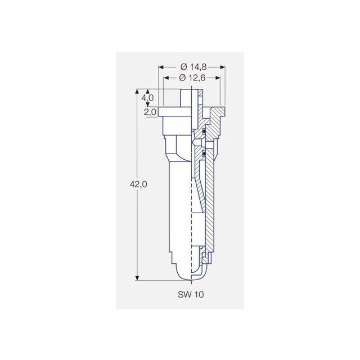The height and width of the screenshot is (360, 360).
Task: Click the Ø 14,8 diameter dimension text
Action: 193,67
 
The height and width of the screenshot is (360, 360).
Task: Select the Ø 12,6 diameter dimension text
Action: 192,78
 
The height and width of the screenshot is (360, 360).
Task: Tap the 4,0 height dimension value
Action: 147,98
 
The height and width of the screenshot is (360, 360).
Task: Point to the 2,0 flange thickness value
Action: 150,112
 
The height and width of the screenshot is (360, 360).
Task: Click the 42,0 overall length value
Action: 138,184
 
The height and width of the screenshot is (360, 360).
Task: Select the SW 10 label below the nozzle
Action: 191,295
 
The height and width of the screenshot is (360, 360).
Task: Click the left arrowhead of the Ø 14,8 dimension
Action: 161,67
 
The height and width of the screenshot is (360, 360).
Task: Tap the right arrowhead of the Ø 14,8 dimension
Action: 223,67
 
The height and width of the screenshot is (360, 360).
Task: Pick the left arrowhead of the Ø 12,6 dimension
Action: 166,78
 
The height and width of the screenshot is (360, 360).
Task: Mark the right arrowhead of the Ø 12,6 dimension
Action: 218,78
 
